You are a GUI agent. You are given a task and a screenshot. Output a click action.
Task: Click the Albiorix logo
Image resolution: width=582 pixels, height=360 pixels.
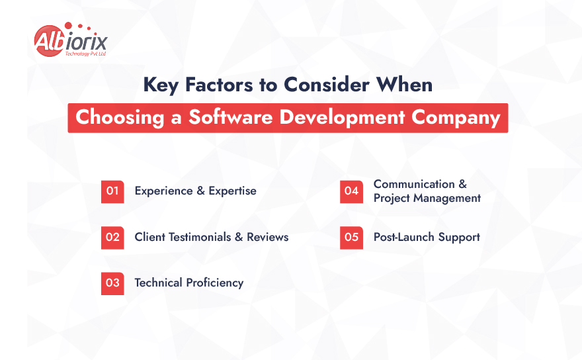coord(69,40)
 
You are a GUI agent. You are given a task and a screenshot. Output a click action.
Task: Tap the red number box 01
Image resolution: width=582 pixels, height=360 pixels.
coord(112,191)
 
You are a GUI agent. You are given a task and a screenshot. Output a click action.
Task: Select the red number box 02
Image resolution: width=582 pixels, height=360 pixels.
coord(112,237)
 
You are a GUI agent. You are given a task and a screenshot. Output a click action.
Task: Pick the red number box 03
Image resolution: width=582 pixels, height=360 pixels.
coord(112,283)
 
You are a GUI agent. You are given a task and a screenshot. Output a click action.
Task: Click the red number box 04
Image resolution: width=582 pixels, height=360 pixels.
coord(351,191)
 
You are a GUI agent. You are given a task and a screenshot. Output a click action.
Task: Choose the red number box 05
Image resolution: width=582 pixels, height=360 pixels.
coord(351,237)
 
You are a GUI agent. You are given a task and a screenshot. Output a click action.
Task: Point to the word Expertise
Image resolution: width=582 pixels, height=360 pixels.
coord(232,191)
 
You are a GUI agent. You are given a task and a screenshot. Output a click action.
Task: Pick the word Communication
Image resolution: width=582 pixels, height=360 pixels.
coord(413,184)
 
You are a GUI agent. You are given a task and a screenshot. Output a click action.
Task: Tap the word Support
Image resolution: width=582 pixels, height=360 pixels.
coord(458,237)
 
